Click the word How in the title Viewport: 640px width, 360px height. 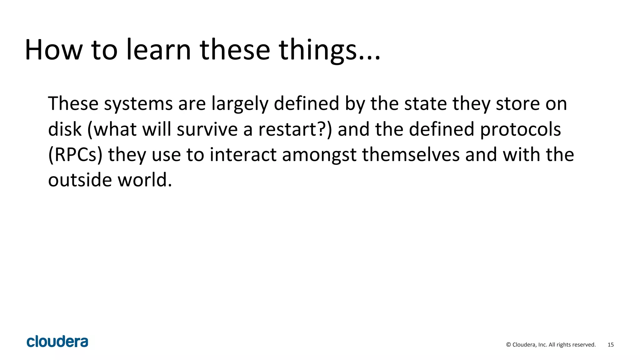click(x=53, y=50)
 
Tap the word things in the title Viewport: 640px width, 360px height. click(x=317, y=50)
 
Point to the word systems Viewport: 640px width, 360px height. click(x=138, y=104)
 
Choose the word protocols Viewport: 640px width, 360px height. click(x=520, y=130)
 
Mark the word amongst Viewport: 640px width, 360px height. click(x=319, y=155)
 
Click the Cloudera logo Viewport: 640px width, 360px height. click(x=57, y=342)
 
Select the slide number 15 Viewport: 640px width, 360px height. click(x=611, y=345)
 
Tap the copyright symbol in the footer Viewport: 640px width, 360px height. click(x=508, y=345)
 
